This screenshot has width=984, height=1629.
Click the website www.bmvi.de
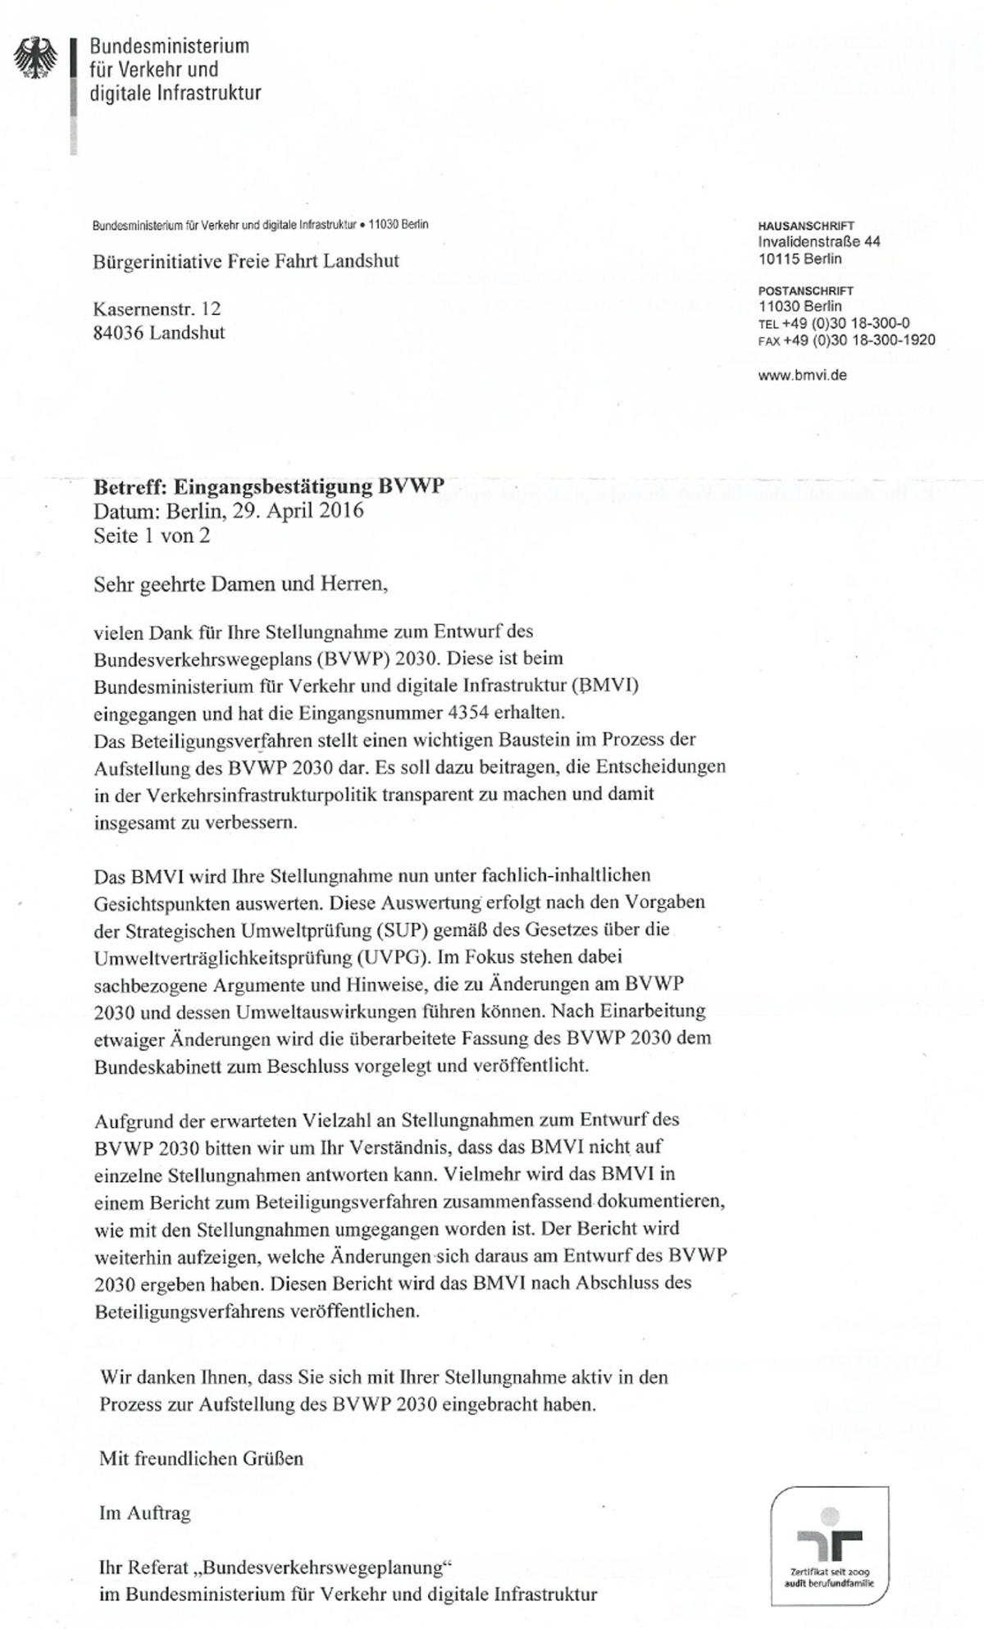pos(803,375)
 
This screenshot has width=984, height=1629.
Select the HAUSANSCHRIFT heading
pos(806,226)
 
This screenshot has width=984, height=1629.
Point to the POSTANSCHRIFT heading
pos(806,290)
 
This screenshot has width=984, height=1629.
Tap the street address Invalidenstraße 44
pos(819,242)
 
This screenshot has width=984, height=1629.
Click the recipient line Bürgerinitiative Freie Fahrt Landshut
pos(246,262)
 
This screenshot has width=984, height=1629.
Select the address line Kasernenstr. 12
pos(157,309)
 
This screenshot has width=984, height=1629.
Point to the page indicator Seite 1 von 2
pos(152,536)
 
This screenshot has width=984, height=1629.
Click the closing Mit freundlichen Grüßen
pos(201,1458)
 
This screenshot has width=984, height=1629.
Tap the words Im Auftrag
pos(144,1513)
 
